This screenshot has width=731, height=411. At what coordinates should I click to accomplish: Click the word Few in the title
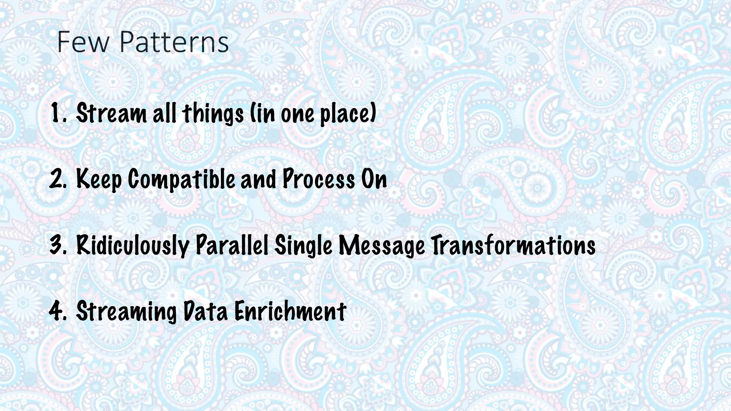coord(83,42)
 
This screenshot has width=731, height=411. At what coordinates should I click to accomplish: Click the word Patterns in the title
coord(174,42)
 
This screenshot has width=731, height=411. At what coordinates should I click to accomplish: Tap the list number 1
coord(57,112)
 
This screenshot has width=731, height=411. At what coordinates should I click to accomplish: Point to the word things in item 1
coord(213,113)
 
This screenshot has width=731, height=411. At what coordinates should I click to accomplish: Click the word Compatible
coord(181,179)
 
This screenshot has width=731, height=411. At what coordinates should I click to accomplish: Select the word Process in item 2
coord(319,179)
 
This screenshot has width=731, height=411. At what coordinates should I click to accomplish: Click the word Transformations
coord(514,245)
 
